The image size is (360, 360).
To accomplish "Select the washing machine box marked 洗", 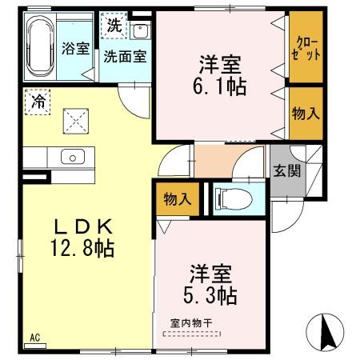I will click(114, 25).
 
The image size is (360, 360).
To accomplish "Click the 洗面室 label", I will click(124, 56).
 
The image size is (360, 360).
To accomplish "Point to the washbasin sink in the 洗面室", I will click(139, 33).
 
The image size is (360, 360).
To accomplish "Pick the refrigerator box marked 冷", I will click(38, 102).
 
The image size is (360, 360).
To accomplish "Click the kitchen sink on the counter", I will click(67, 156).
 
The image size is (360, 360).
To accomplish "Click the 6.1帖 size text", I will click(221, 83).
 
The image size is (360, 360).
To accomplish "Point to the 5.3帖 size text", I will click(213, 297).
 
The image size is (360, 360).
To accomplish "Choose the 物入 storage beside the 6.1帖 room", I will click(306, 113).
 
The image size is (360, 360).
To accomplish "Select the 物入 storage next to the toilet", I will click(177, 198).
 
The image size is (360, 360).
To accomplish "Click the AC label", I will click(35, 338).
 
